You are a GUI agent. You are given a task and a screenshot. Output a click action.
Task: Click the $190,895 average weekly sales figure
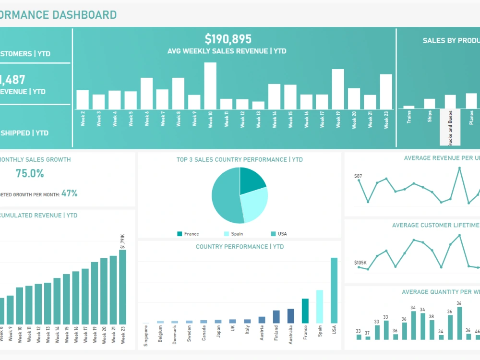[x=228, y=39]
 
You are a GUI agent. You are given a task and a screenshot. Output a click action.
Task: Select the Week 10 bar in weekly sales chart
[x=210, y=86]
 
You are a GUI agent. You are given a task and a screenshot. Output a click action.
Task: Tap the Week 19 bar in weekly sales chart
[x=338, y=89]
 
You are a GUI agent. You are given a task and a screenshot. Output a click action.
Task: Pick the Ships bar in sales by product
[x=429, y=104]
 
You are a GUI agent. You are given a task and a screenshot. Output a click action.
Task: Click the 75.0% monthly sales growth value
[x=30, y=174]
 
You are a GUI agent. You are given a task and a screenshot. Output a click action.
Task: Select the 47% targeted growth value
[x=69, y=193]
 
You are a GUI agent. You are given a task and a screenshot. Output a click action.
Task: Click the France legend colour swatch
[x=180, y=234]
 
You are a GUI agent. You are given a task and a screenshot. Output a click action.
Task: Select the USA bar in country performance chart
[x=334, y=290]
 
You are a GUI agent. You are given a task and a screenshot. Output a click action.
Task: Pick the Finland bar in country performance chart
[x=276, y=317]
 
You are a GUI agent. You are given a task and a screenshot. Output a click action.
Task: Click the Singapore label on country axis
[x=146, y=336]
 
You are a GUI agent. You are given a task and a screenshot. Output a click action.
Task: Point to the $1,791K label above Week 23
[x=122, y=241]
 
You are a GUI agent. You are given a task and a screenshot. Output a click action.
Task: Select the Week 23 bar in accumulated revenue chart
[x=122, y=287]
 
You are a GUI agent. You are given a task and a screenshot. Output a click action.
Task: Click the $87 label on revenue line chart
[x=358, y=176]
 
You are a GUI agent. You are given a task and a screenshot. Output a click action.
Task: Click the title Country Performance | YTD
[x=240, y=247]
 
